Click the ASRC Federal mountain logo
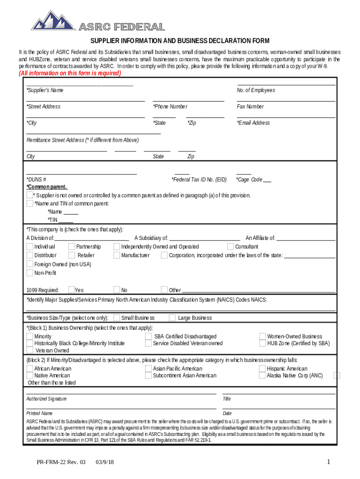52,21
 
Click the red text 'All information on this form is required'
69,73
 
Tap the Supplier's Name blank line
80,85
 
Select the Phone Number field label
170,107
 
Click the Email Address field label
253,123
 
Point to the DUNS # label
36,180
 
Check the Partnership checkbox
72,247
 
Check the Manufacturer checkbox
117,255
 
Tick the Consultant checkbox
230,247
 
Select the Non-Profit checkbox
30,273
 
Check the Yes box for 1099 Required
72,290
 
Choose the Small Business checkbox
117,318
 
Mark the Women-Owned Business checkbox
263,336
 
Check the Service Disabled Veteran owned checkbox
149,343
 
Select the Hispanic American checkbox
263,369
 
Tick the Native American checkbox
30,375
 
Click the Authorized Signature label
46,399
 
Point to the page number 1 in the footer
329,462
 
